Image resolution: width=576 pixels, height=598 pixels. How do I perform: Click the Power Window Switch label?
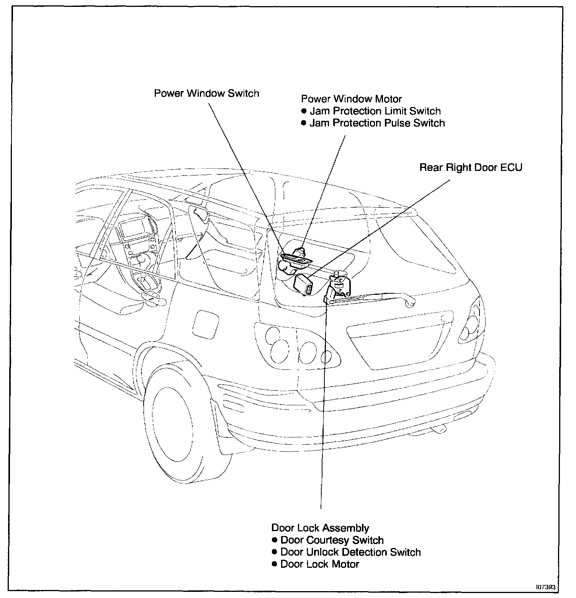[x=206, y=93]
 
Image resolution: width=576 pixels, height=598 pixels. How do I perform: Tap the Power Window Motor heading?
[x=351, y=99]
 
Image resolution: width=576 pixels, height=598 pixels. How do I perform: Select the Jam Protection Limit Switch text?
[x=375, y=111]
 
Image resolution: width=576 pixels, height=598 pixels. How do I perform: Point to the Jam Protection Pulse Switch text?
[x=377, y=123]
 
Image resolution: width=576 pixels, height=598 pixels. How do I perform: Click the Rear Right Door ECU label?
[x=471, y=167]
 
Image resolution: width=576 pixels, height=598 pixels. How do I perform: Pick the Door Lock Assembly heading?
[x=320, y=528]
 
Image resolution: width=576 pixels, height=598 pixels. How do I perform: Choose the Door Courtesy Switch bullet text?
[x=332, y=540]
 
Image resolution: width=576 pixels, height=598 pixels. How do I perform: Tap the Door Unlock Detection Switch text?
[x=350, y=552]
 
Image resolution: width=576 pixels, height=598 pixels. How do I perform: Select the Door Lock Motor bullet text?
[x=320, y=564]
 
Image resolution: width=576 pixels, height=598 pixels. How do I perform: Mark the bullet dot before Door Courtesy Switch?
[x=274, y=540]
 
